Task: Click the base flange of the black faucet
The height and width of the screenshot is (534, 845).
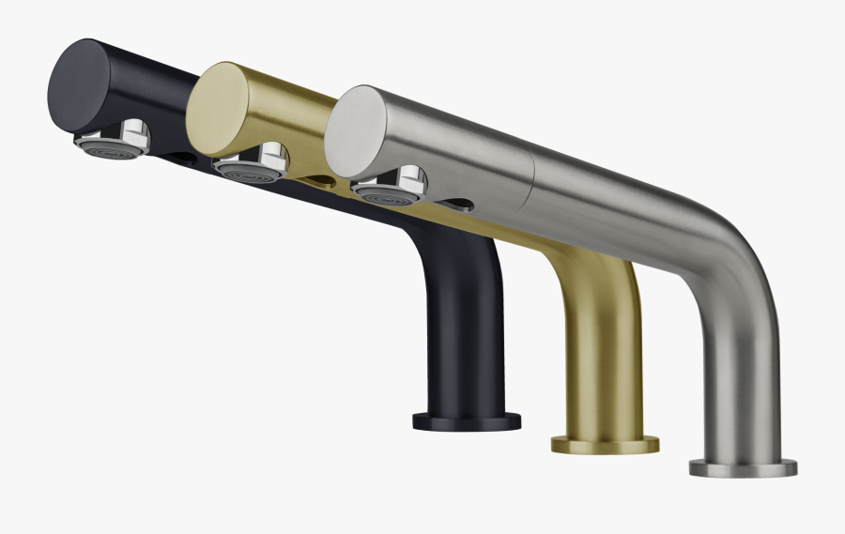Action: pos(466,420)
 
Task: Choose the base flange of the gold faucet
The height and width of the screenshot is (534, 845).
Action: pos(604,444)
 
